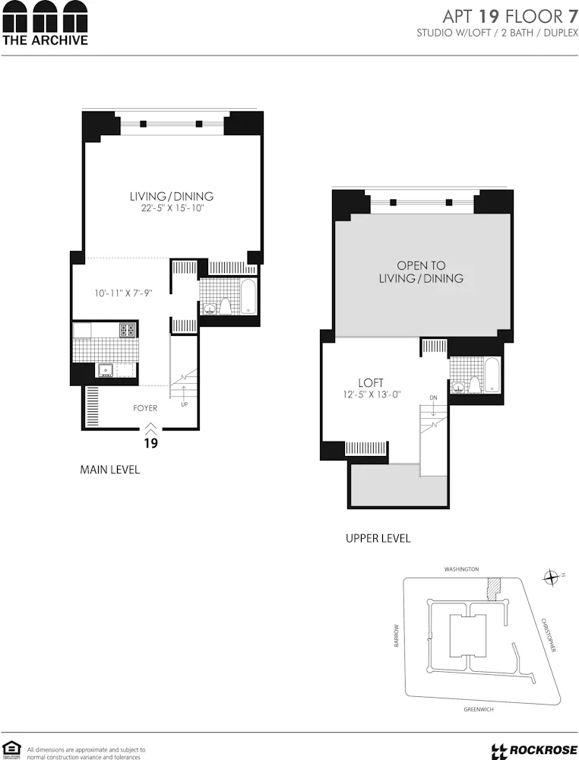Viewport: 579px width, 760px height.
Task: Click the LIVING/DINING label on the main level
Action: click(171, 196)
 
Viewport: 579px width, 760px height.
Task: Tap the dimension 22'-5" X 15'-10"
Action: click(172, 208)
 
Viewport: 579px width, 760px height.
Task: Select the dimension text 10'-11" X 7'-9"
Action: click(123, 293)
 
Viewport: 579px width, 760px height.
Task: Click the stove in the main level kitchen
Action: click(128, 330)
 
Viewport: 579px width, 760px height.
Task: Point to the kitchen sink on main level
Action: click(106, 370)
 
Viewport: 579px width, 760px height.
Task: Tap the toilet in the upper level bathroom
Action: click(475, 385)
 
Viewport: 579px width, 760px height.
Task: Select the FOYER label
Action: click(145, 408)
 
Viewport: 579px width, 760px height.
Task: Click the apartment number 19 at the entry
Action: click(150, 443)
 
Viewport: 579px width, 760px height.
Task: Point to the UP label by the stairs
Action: click(184, 405)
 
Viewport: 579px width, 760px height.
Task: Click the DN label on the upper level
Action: click(433, 397)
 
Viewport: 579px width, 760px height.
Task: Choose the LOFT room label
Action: click(371, 382)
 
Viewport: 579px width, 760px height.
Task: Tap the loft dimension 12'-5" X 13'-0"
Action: click(372, 394)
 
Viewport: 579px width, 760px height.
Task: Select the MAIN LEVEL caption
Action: click(109, 470)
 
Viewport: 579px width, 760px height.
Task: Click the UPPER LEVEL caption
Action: click(378, 538)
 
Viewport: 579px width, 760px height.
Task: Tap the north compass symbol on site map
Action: click(552, 578)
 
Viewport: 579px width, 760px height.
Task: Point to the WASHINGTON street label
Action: click(462, 569)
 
